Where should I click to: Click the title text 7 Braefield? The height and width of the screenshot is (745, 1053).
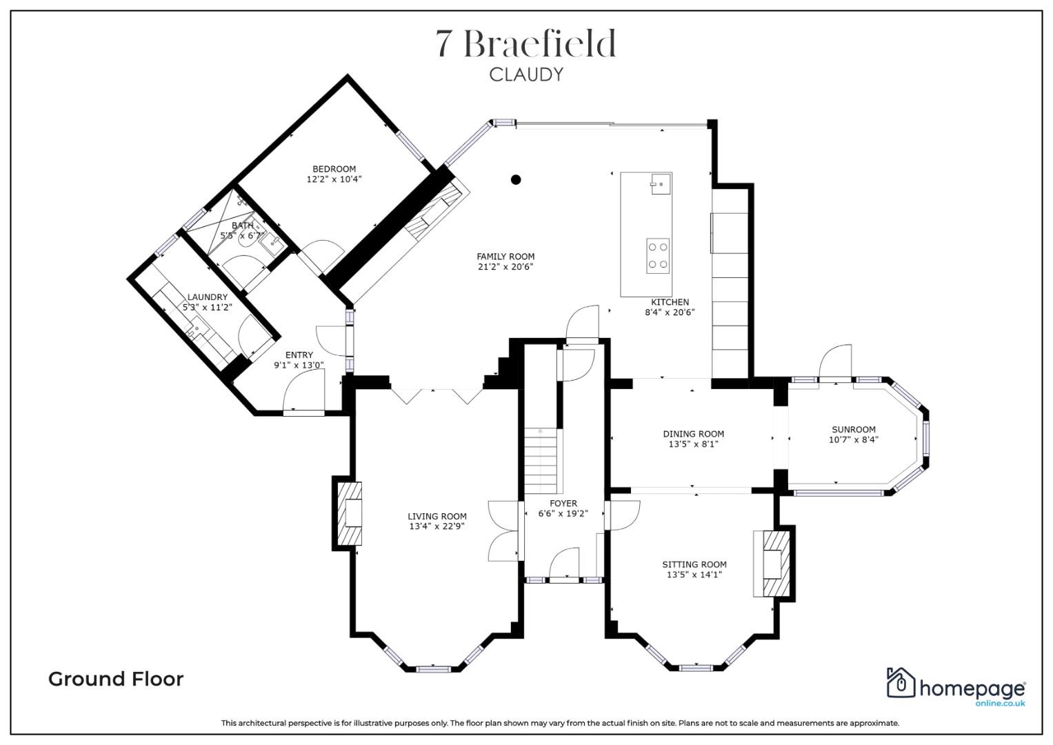point(526,44)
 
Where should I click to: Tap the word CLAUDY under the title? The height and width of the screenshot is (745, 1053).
point(526,74)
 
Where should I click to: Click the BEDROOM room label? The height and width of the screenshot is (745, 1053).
point(334,169)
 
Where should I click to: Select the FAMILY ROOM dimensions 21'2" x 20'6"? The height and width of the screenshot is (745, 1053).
point(505,266)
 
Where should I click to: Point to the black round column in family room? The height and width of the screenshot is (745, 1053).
point(515,180)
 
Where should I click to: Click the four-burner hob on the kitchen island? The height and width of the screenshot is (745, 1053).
point(657,255)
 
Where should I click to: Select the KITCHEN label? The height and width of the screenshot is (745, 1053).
point(670,302)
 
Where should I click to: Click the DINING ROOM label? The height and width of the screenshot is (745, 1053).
point(693,434)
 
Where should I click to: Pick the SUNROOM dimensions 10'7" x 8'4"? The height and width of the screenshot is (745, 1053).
point(853,439)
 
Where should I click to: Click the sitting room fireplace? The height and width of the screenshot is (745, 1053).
point(773,562)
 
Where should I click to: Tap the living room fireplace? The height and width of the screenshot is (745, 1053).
point(349,513)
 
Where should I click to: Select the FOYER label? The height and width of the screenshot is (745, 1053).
point(563,504)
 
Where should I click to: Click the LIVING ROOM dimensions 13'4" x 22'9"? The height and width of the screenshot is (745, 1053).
point(437,526)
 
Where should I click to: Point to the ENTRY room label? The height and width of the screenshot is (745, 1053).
point(299,355)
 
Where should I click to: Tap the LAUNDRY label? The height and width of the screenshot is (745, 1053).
point(207,297)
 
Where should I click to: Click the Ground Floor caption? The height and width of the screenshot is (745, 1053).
point(116,679)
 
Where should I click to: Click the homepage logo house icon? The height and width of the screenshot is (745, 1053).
point(900,684)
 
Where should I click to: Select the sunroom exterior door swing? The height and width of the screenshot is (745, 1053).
point(835,362)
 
